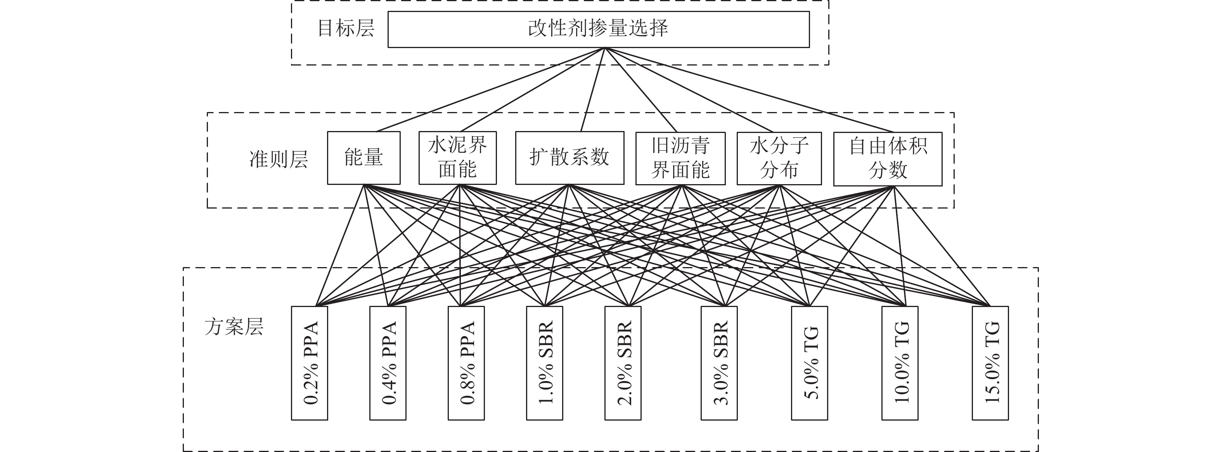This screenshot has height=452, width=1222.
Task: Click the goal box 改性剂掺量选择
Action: click(x=598, y=29)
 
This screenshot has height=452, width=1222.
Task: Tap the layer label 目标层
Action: click(x=345, y=28)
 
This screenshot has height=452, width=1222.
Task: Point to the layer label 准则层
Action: click(x=279, y=159)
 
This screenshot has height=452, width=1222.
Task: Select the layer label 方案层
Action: click(x=234, y=327)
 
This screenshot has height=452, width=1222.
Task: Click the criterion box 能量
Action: click(x=363, y=158)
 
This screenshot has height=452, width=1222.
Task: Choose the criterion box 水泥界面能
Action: click(x=457, y=158)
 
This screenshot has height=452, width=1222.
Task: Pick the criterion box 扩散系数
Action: click(x=569, y=158)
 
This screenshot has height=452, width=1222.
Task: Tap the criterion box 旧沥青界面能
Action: click(x=680, y=158)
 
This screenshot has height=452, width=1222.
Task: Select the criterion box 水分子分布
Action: click(x=779, y=158)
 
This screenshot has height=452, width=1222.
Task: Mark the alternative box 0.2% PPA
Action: click(x=309, y=363)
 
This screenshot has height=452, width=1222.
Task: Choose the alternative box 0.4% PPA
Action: click(x=388, y=363)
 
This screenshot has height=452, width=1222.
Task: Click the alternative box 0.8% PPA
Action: click(x=466, y=363)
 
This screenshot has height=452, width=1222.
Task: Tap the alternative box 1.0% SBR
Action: click(x=544, y=363)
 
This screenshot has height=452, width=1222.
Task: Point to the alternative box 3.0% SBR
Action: click(x=719, y=363)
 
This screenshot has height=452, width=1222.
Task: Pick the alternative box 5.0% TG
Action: click(x=809, y=363)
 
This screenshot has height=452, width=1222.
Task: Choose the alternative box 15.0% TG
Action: click(x=990, y=363)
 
